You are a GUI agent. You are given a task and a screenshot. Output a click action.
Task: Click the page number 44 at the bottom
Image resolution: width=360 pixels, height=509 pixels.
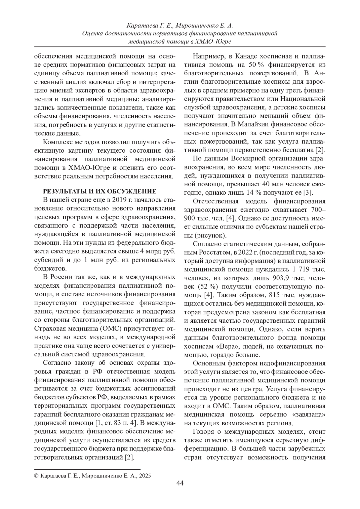pyautogui.click(x=180, y=483)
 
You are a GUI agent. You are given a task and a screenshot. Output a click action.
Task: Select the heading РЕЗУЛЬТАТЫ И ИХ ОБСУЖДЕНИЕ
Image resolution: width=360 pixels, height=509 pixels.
pyautogui.click(x=100, y=191)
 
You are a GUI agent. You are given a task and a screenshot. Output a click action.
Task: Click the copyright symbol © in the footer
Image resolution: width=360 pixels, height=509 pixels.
pyautogui.click(x=37, y=476)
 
